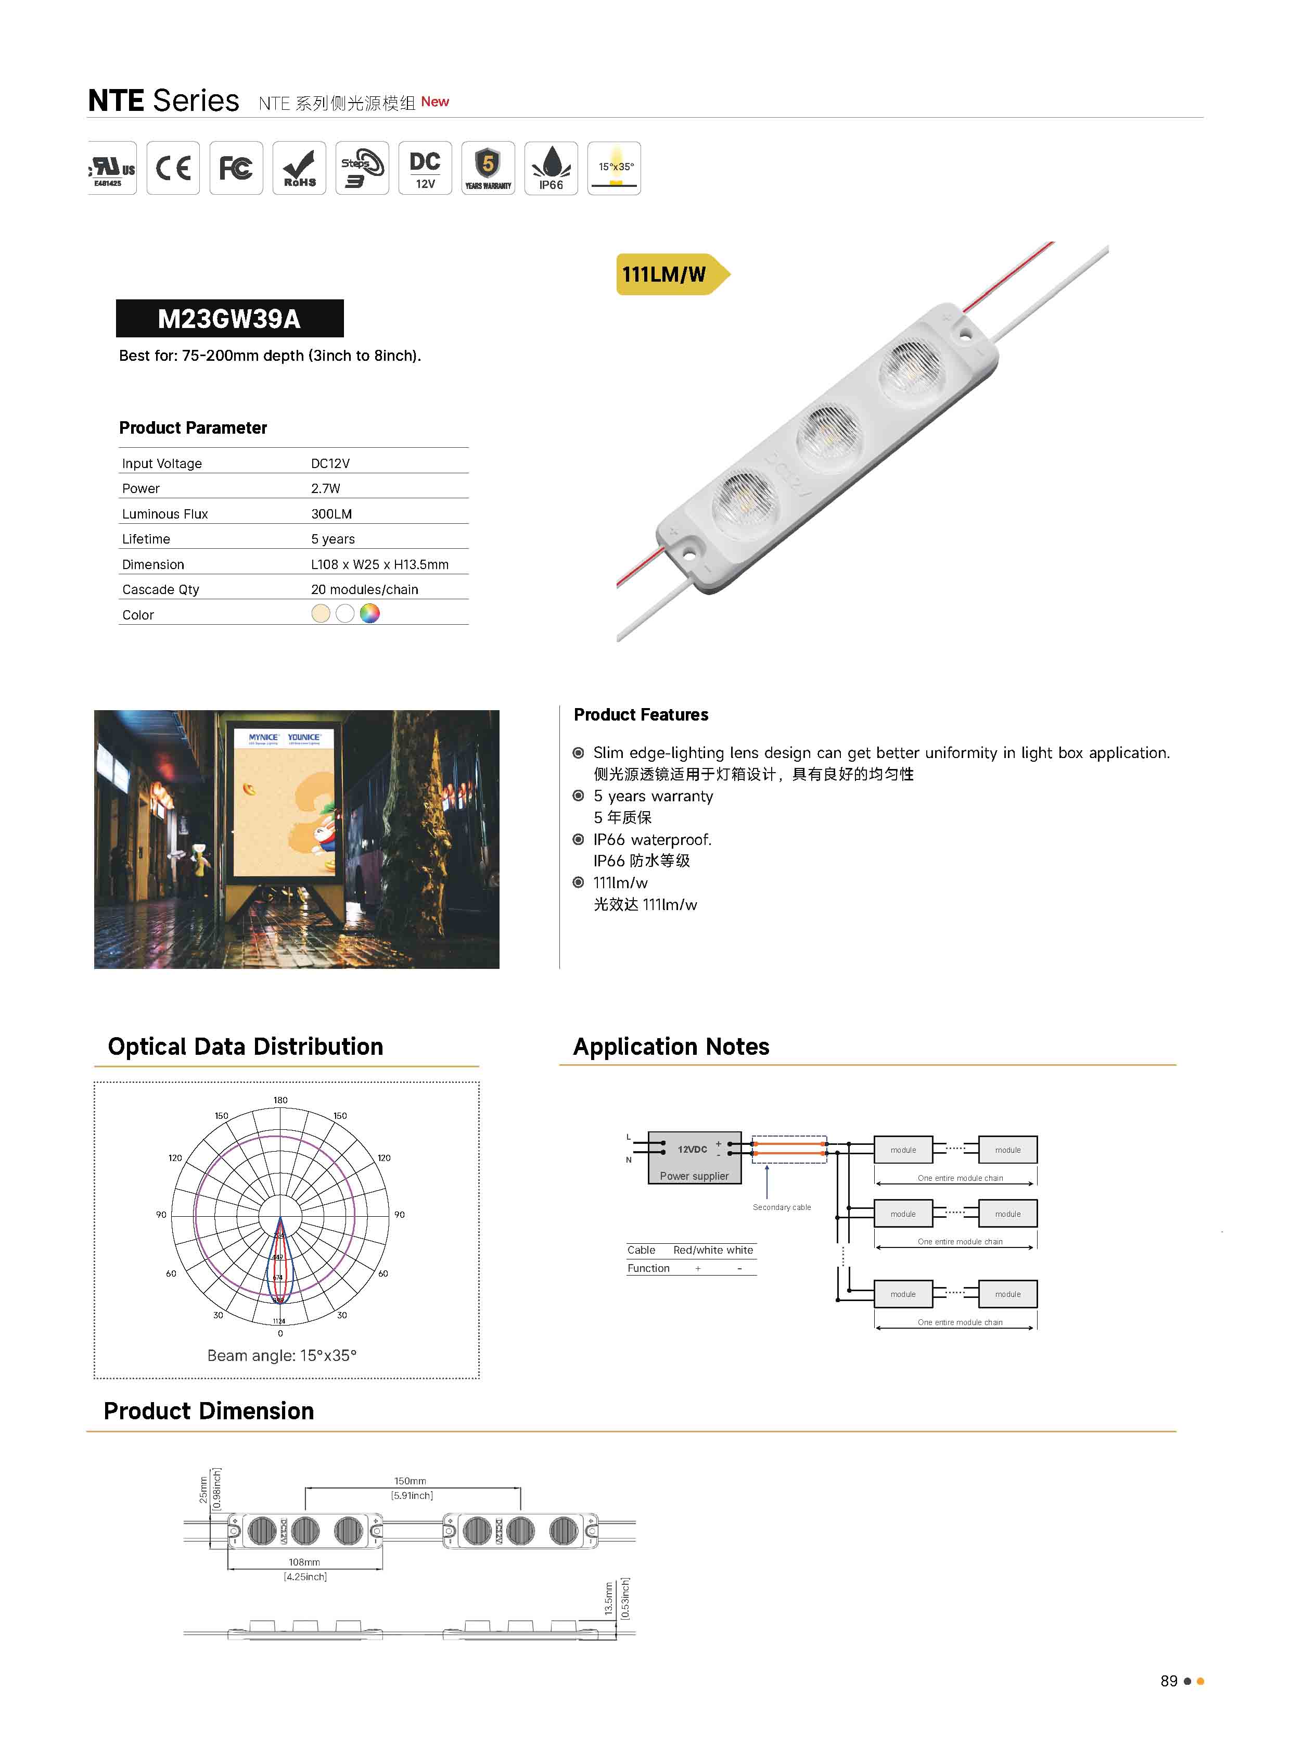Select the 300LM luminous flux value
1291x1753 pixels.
click(331, 514)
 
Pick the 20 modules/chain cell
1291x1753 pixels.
click(364, 589)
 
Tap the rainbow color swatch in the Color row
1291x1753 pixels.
click(369, 614)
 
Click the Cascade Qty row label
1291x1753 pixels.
click(160, 589)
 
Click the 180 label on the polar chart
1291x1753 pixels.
click(280, 1100)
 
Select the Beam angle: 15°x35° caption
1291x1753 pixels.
click(282, 1356)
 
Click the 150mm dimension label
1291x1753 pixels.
click(410, 1481)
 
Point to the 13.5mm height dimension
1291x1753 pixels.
click(609, 1598)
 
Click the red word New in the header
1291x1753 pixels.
click(434, 102)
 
